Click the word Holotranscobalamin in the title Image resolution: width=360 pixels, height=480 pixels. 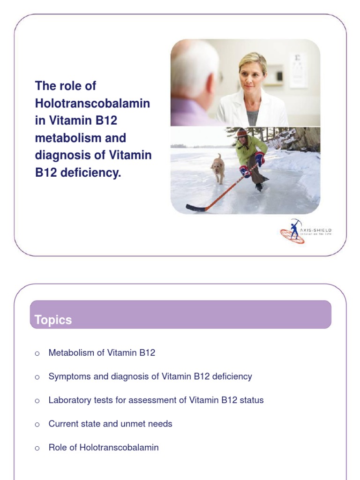(92, 103)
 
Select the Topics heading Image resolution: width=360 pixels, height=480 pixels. (53, 320)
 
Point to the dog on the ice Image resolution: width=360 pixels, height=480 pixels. (217, 167)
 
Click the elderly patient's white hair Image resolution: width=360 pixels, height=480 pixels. (195, 68)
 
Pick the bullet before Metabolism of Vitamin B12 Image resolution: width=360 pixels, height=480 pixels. (37, 353)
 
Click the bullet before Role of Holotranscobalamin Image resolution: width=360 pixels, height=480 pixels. (37, 448)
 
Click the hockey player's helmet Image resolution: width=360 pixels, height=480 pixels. (242, 133)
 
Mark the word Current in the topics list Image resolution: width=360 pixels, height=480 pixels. (63, 424)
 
